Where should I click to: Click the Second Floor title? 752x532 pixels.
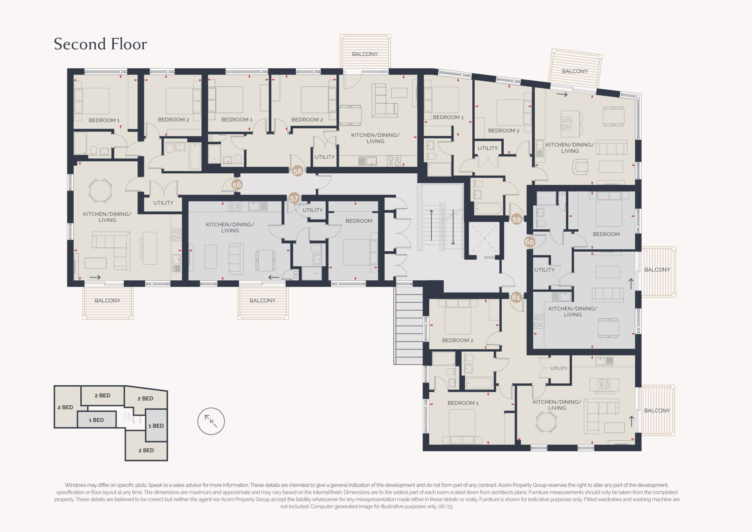100,44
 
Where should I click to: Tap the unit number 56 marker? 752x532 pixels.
237,185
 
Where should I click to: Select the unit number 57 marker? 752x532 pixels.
294,199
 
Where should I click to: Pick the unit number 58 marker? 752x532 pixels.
298,171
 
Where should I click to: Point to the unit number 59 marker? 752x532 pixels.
517,220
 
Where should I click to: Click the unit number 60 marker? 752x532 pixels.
529,242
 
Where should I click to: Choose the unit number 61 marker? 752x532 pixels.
516,297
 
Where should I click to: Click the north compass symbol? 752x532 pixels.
211,421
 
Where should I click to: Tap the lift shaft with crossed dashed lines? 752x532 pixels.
484,239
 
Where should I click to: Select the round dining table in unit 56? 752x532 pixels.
100,191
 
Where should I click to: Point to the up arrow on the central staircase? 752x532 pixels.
431,225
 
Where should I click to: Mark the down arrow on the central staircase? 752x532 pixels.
453,227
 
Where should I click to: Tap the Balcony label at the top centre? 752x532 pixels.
365,54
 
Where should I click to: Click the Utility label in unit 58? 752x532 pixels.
325,157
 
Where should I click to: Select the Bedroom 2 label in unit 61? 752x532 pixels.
457,340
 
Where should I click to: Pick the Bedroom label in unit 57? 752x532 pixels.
359,221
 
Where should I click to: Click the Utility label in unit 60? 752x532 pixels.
544,270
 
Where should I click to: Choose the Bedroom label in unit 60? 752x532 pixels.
606,234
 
